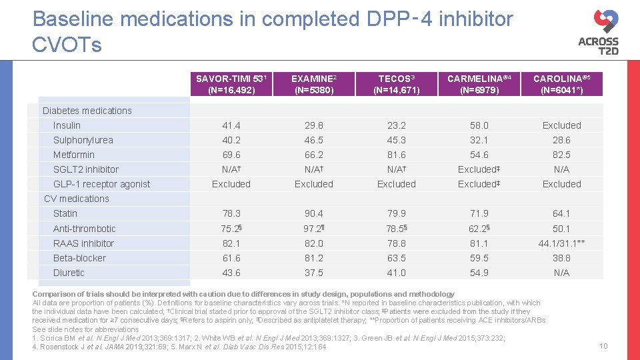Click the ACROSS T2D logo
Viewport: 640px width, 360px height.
598,31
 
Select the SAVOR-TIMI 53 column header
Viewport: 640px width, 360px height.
231,84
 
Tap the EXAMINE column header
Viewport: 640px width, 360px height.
314,84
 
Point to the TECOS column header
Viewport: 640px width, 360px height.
397,84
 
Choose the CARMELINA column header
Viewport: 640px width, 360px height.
479,84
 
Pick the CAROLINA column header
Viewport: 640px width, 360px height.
562,84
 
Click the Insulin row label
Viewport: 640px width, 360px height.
67,125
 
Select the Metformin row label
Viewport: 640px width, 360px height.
74,155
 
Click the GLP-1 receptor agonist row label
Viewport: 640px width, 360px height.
101,184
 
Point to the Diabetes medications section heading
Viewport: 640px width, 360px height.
87,111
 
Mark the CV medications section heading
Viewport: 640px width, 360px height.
76,199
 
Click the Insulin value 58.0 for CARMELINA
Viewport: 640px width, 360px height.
479,125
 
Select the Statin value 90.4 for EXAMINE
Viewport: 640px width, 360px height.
314,213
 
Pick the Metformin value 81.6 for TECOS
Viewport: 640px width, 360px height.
397,155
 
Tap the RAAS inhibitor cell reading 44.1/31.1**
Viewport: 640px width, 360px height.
562,243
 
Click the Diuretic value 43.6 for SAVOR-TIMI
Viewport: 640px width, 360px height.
231,273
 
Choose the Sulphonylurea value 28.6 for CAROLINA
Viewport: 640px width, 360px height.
562,140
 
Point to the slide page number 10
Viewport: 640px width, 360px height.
603,346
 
